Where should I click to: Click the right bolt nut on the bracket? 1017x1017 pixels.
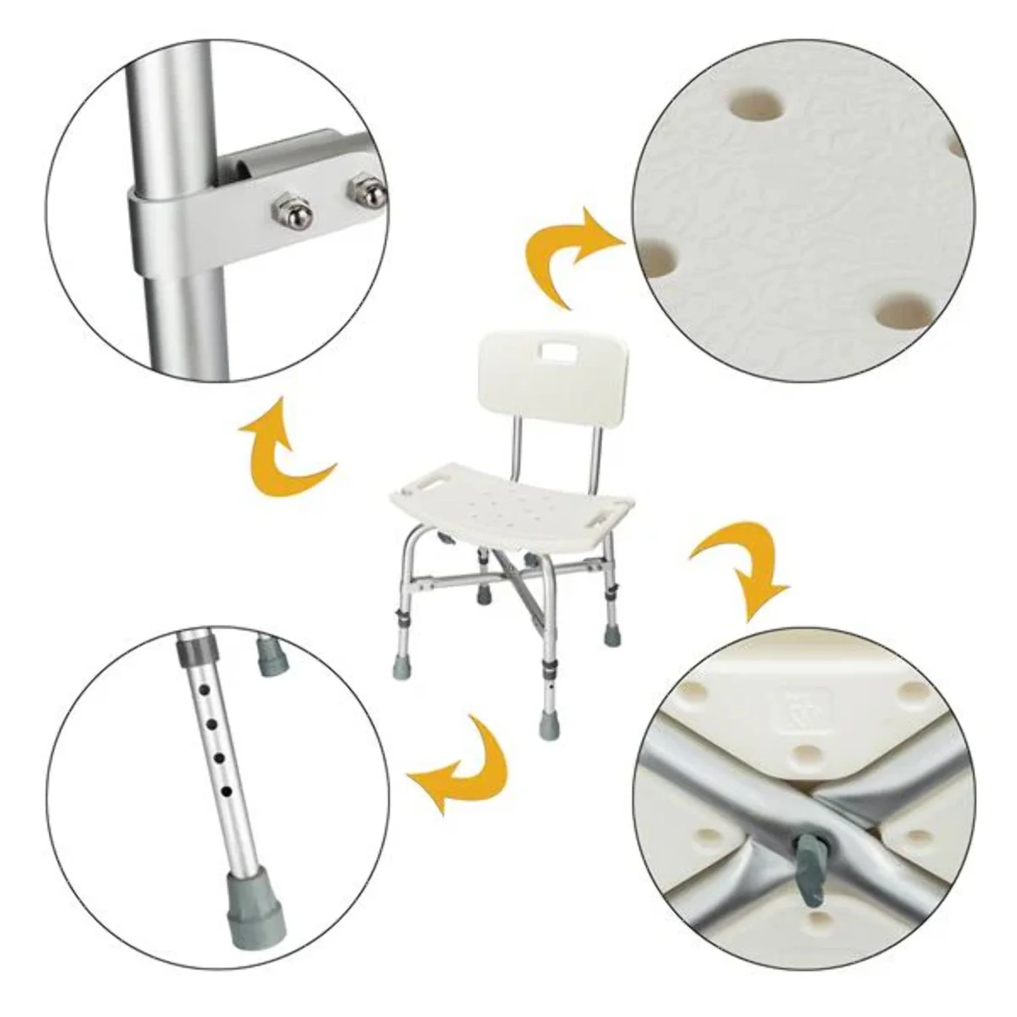coord(367,192)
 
